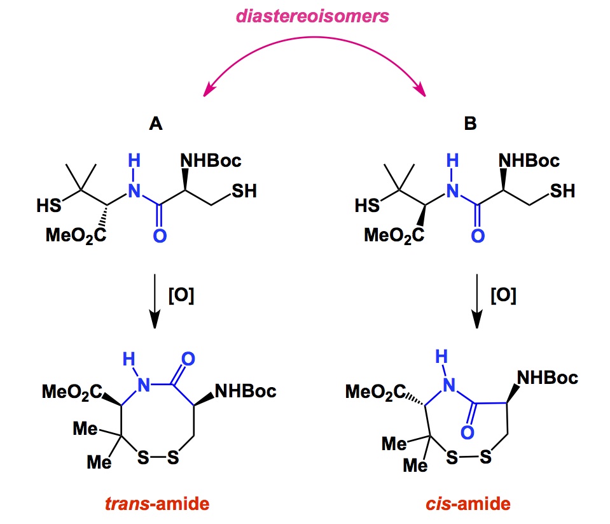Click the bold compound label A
click(x=155, y=124)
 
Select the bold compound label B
click(x=469, y=124)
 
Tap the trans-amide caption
click(x=156, y=506)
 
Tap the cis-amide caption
click(x=468, y=506)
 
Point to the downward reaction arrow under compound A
click(x=155, y=299)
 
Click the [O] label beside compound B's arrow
click(x=503, y=296)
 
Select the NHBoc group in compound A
click(x=212, y=160)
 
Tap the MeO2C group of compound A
click(x=74, y=237)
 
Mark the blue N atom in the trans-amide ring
click(x=145, y=385)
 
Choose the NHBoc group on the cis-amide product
click(x=547, y=378)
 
